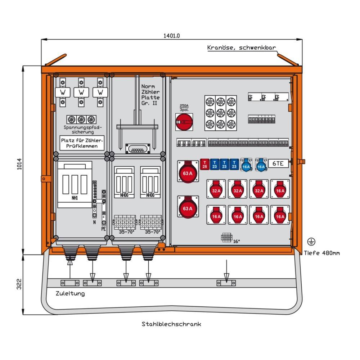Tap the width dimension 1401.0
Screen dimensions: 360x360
pos(171,36)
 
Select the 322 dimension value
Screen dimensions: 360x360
pos(19,284)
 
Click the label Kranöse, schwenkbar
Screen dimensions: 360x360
pos(241,48)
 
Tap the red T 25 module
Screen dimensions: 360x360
pos(204,164)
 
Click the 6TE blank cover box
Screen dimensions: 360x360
pos(278,163)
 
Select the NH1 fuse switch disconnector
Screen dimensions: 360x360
pos(75,185)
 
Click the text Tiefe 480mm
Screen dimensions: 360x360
pos(322,253)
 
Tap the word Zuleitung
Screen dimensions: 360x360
pos(70,293)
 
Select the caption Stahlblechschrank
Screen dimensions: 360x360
pos(171,324)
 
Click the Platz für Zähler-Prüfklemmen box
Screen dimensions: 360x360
pos(82,143)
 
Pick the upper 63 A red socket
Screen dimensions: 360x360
pos(188,172)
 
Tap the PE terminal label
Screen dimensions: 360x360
pos(103,228)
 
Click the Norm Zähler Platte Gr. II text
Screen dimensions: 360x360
pos(150,95)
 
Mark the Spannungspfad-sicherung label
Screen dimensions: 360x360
pos(83,130)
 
